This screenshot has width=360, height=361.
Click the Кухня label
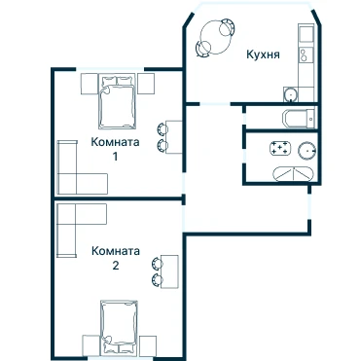point(263,54)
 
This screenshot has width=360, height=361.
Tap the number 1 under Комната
point(115,157)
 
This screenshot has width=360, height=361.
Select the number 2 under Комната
point(116,266)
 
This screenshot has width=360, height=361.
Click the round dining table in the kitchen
point(216,37)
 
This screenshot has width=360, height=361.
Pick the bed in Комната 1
point(117,101)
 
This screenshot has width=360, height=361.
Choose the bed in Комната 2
point(119,327)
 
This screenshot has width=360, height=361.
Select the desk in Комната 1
point(174,137)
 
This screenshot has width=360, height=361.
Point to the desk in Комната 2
point(169,271)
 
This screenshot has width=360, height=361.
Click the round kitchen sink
point(291,94)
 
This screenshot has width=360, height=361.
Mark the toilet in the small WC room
point(299,119)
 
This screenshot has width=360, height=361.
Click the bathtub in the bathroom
point(293,174)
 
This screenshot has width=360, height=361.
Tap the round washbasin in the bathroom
point(306,151)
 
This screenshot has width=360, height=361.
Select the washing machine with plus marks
point(279,148)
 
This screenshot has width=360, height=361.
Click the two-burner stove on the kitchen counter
point(306,54)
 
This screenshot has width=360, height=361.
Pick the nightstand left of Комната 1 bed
point(90,84)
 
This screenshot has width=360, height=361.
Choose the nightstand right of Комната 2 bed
point(148,344)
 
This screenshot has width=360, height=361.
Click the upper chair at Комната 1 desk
point(162,128)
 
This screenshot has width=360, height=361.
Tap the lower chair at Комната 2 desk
point(157,279)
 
